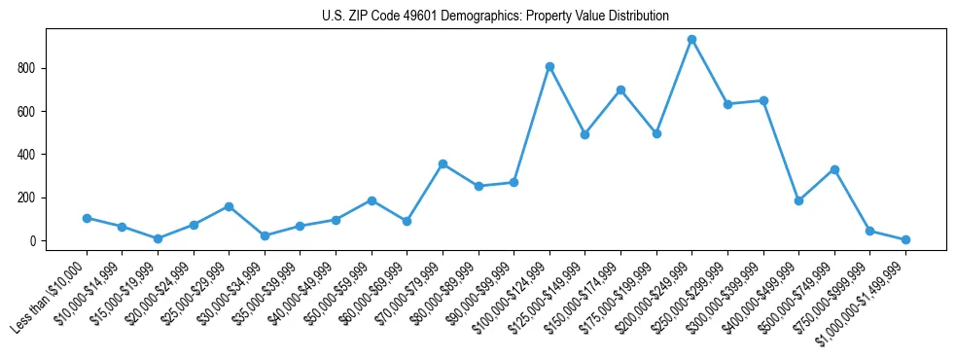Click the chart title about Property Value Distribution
tap(495, 16)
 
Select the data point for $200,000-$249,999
tap(691, 40)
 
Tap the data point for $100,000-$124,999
tap(549, 66)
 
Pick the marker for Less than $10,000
tap(87, 218)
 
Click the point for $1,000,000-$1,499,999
tap(905, 239)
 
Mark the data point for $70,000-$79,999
tap(443, 163)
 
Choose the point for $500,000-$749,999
tap(834, 169)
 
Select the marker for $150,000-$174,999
tap(620, 90)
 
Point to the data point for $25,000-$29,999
tap(229, 206)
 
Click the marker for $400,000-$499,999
tap(798, 200)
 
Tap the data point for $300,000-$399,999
tap(763, 100)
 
